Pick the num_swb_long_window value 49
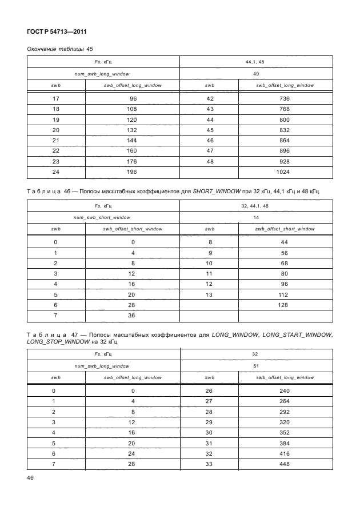tap(256, 74)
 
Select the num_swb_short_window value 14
tap(256, 217)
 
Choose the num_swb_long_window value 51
tap(256, 365)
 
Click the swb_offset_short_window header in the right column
tap(285, 229)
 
